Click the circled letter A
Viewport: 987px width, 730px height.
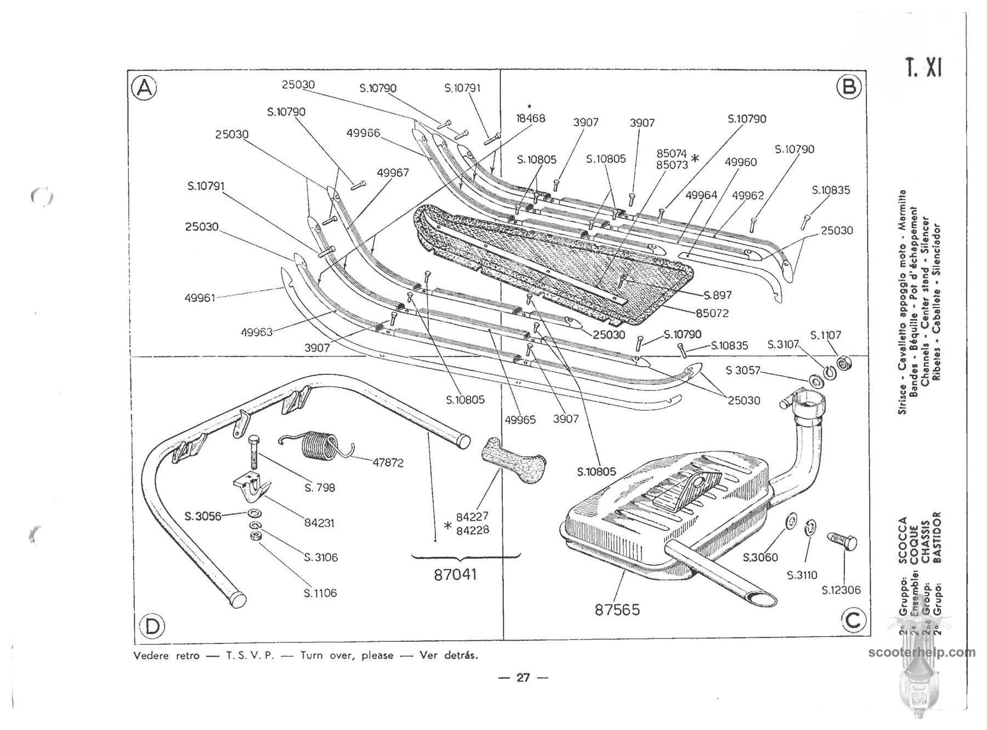pyautogui.click(x=144, y=88)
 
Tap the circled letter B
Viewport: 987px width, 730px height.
pyautogui.click(x=849, y=87)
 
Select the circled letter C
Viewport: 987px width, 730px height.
pyautogui.click(x=854, y=620)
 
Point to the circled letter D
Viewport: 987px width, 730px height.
pyautogui.click(x=152, y=626)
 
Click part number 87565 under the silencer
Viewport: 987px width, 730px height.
pyautogui.click(x=617, y=609)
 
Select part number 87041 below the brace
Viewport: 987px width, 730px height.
pyautogui.click(x=455, y=574)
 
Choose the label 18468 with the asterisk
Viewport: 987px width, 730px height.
pyautogui.click(x=530, y=118)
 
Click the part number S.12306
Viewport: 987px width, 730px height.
pyautogui.click(x=841, y=590)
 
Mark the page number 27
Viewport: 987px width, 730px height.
pyautogui.click(x=523, y=678)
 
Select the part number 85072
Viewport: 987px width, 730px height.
pyautogui.click(x=712, y=313)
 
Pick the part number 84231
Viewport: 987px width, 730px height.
pyautogui.click(x=319, y=523)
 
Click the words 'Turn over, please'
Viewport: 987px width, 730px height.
pyautogui.click(x=347, y=655)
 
